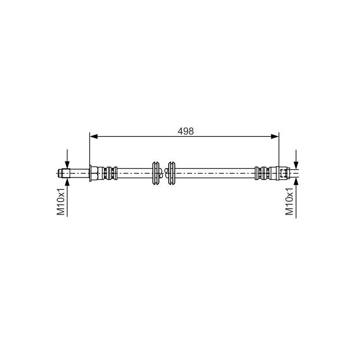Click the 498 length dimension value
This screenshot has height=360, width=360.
pyautogui.click(x=185, y=131)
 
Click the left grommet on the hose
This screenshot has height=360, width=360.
pyautogui.click(x=156, y=172)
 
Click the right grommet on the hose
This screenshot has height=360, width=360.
pyautogui.click(x=171, y=172)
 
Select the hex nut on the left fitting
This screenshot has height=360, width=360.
pyautogui.click(x=93, y=172)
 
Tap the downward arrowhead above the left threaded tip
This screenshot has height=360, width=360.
pyautogui.click(x=67, y=164)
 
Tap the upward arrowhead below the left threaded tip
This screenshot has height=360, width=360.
pyautogui.click(x=67, y=181)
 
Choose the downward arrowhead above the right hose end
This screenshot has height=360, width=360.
pyautogui.click(x=296, y=165)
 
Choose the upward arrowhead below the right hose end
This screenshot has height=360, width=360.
pyautogui.click(x=296, y=180)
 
